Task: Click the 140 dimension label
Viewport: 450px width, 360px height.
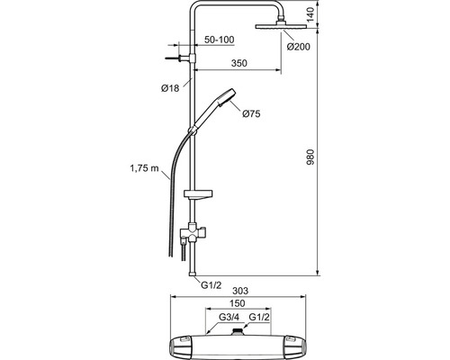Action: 310,14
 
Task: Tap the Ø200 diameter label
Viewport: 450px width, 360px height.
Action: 298,47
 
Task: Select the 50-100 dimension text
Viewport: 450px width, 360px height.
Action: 220,40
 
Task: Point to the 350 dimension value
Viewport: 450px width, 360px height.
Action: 239,63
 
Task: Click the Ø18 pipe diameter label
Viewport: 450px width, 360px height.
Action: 170,88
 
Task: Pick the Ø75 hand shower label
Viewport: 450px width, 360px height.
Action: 251,114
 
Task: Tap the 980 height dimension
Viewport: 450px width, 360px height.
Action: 310,157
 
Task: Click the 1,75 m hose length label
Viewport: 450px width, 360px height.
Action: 144,168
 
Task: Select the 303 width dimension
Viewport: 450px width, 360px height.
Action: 240,291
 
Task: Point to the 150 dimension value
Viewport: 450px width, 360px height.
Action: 238,303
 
